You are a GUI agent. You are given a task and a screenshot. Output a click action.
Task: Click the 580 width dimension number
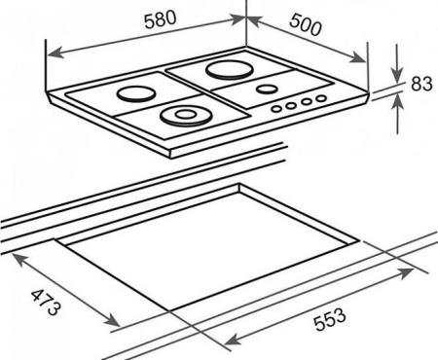[x=161, y=19]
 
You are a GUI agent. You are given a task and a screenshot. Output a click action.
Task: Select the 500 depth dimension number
[x=306, y=24]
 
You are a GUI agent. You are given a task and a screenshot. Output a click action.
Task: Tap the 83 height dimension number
[x=421, y=84]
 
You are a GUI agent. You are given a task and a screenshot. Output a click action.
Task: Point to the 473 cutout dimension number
[x=46, y=303]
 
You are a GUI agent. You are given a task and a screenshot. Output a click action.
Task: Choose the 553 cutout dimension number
[x=330, y=319]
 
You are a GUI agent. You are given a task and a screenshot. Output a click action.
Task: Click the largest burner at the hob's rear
[x=230, y=69]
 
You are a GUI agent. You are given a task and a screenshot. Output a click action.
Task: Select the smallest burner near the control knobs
[x=267, y=89]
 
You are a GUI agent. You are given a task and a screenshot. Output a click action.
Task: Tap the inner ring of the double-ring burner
[x=184, y=114]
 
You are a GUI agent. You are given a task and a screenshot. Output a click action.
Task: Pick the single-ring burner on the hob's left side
[x=136, y=94]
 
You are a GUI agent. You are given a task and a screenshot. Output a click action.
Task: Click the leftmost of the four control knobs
[x=276, y=109]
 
